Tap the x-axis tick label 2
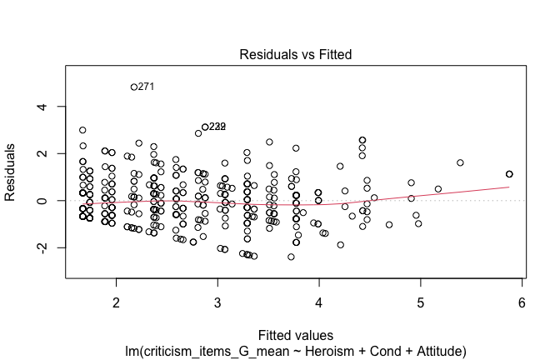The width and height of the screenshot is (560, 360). [x=116, y=301]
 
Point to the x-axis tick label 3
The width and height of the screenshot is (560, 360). [x=217, y=301]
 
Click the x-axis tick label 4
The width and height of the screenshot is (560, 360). [x=319, y=301]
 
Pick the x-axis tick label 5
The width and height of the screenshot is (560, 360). [x=421, y=301]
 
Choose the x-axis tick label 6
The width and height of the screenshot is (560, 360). [x=522, y=301]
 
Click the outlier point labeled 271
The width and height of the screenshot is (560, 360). [x=134, y=87]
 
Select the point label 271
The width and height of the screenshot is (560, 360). [x=147, y=87]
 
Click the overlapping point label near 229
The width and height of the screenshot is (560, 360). [x=217, y=127]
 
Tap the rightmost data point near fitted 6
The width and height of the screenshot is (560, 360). [x=509, y=174]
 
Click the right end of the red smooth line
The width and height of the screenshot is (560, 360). [x=509, y=187]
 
